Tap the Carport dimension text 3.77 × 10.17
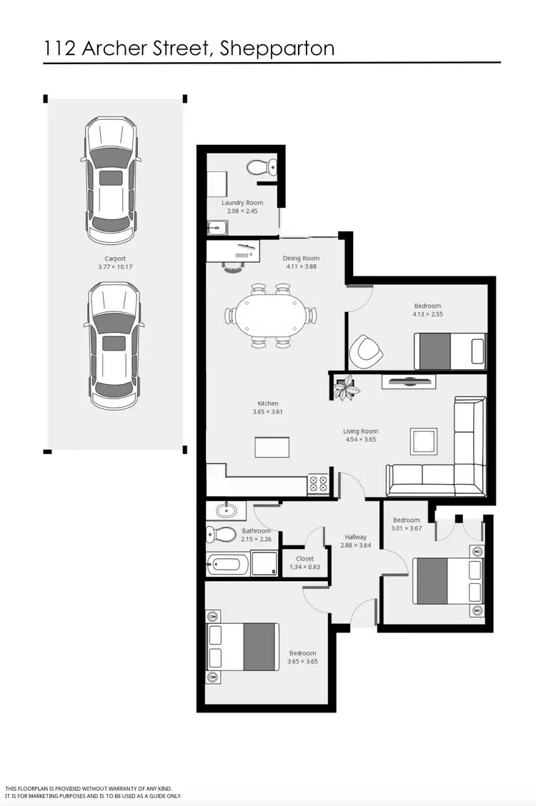[115, 267]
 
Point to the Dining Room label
[301, 258]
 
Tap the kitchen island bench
[272, 447]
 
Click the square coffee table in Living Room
[423, 440]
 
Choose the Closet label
[304, 558]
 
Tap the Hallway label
[355, 537]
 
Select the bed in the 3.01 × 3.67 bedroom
[448, 580]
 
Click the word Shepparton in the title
[277, 49]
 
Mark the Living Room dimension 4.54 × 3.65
[360, 439]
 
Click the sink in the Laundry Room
[217, 228]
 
